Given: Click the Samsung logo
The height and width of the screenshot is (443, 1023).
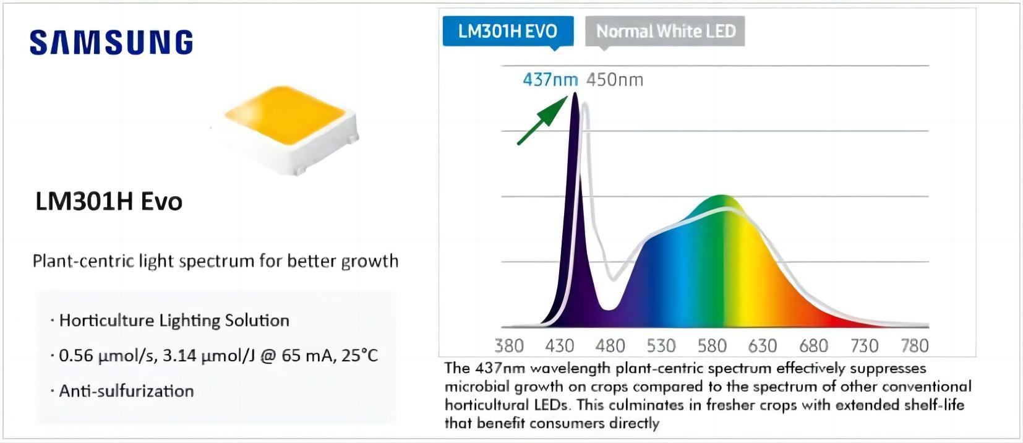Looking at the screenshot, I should click(x=111, y=42).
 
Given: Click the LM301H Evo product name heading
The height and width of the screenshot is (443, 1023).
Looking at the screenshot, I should click(x=109, y=202).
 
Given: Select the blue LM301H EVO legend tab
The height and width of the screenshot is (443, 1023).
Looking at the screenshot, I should click(x=507, y=31).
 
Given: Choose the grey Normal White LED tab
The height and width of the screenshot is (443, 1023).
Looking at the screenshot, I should click(x=666, y=31).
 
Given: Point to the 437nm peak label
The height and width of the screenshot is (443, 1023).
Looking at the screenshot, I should click(x=550, y=80).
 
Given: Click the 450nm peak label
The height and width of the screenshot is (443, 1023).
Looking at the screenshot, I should click(x=614, y=80).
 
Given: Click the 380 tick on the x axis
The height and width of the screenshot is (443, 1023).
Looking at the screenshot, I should click(x=509, y=346).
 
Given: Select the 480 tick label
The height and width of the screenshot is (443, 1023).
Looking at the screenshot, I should click(x=610, y=346).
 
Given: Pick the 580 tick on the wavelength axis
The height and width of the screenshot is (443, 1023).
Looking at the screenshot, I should click(x=712, y=346).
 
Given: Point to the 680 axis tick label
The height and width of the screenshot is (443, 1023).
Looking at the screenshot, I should click(x=813, y=346).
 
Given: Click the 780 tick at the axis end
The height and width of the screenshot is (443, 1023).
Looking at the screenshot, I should click(x=915, y=346).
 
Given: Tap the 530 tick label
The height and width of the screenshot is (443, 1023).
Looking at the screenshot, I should click(x=661, y=346).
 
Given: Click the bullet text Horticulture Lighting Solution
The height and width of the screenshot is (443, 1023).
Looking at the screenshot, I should click(x=174, y=320).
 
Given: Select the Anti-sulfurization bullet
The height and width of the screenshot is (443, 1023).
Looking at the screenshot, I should click(x=126, y=391).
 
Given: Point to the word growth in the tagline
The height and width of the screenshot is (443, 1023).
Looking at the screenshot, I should click(x=372, y=261).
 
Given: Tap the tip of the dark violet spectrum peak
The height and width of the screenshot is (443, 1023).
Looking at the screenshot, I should click(x=575, y=94).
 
